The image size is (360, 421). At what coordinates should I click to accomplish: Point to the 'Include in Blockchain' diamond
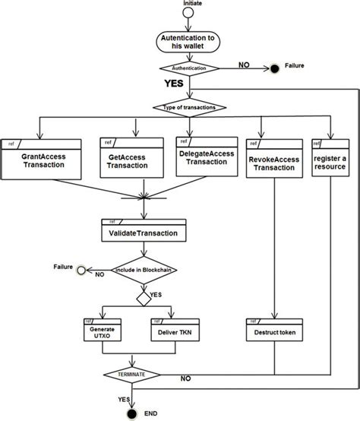click(143, 271)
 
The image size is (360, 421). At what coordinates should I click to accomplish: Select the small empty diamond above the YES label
click(143, 297)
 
